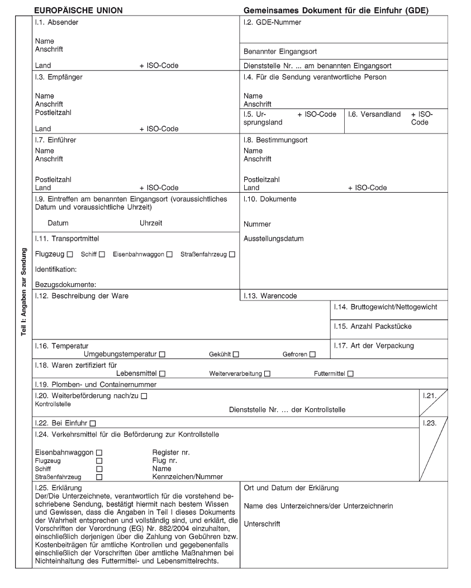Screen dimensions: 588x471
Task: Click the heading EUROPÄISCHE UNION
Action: click(78, 11)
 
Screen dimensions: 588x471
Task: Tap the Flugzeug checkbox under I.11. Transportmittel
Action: click(70, 255)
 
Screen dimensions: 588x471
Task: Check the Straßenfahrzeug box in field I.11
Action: click(232, 255)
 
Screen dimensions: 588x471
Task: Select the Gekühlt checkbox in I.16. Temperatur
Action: click(236, 354)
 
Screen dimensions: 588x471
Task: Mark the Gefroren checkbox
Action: click(312, 354)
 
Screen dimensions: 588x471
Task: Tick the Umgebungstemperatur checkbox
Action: click(162, 354)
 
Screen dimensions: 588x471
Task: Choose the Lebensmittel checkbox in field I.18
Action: click(162, 374)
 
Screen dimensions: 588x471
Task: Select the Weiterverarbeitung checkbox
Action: click(267, 374)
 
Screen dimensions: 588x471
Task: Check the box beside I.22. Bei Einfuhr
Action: click(93, 423)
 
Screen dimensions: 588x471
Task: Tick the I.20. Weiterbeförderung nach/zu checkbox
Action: click(144, 396)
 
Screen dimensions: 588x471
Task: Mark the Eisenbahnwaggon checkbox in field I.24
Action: click(99, 452)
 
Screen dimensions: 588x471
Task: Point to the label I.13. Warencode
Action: click(270, 296)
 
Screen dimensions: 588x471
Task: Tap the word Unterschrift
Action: click(262, 524)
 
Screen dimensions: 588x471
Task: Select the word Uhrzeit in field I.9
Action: click(151, 223)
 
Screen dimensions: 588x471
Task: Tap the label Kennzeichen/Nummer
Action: click(188, 477)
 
